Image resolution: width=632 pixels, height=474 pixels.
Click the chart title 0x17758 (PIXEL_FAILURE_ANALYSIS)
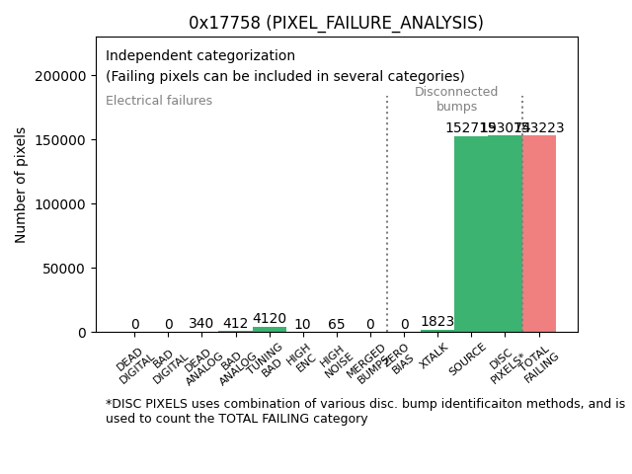[336, 23]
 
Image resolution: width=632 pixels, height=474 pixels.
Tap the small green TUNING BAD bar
[270, 330]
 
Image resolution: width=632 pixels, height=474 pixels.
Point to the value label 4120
[270, 319]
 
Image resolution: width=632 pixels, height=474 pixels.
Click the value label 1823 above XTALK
[437, 322]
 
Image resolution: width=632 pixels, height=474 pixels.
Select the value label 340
[201, 324]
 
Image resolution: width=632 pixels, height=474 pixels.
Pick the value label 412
[235, 324]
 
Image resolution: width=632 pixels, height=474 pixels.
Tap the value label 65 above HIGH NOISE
[337, 324]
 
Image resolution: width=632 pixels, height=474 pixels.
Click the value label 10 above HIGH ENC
[302, 324]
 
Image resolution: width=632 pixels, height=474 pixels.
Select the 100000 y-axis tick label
[61, 204]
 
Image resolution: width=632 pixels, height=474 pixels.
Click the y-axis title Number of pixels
[22, 185]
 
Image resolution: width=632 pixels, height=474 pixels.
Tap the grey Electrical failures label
[159, 101]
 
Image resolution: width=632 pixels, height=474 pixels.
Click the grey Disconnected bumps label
[456, 99]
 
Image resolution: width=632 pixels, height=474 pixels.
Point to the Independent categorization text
[200, 56]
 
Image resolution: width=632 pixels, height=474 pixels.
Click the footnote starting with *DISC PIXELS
[364, 411]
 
